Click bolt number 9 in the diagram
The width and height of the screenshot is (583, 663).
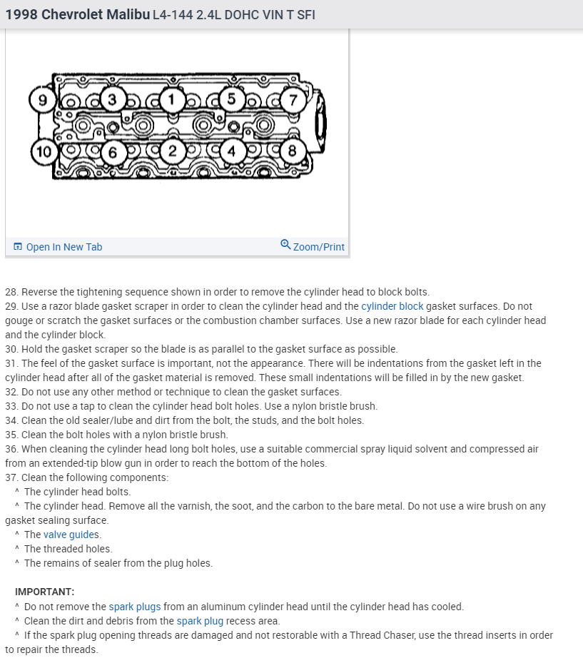[x=43, y=100]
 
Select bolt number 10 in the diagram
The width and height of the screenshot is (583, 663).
[x=44, y=151]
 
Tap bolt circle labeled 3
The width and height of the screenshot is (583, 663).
[x=111, y=99]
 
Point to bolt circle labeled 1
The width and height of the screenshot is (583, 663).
[x=171, y=99]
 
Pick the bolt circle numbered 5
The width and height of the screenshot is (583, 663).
[x=230, y=99]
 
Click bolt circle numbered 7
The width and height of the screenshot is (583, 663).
[x=291, y=99]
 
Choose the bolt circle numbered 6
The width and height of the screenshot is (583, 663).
[x=112, y=151]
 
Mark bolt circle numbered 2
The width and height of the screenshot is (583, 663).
[x=172, y=151]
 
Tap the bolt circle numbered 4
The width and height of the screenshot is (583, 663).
[x=230, y=151]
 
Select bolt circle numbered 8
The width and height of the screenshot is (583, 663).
[x=291, y=151]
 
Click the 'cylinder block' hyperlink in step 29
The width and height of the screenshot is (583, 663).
[x=392, y=306]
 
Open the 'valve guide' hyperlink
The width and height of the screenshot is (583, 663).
[x=70, y=535]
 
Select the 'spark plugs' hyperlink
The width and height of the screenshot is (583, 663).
[x=135, y=607]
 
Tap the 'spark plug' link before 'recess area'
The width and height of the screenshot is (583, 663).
[x=200, y=621]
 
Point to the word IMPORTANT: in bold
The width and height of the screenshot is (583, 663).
[x=44, y=592]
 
